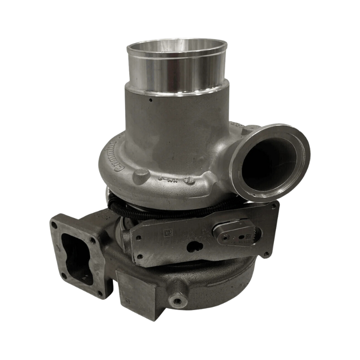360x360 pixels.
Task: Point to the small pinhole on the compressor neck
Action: [x=150, y=101]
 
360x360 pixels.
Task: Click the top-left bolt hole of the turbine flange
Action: [x=57, y=223]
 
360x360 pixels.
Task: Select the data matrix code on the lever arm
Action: [x=249, y=237]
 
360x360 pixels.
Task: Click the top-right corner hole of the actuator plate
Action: [x=274, y=205]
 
